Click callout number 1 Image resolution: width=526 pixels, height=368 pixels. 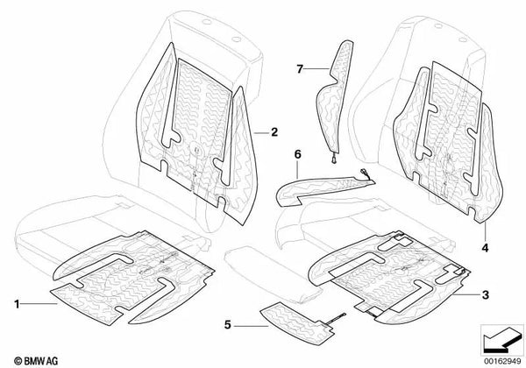17,304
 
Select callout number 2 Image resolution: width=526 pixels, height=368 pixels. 274,132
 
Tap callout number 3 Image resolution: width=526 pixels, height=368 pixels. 485,295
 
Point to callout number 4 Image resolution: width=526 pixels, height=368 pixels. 485,248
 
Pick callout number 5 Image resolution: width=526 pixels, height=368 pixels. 228,325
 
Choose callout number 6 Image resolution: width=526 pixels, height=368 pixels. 297,154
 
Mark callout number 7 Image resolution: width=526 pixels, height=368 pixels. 300,69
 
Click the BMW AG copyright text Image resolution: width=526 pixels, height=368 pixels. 36,361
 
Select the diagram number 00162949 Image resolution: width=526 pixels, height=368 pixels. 502,362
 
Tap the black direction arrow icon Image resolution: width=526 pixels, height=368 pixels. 501,340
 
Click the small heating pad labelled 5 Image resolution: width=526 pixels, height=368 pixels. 297,322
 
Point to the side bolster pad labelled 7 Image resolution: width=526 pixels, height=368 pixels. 334,97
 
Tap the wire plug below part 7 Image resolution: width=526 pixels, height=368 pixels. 333,159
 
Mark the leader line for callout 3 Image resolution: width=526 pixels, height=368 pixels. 466,294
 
